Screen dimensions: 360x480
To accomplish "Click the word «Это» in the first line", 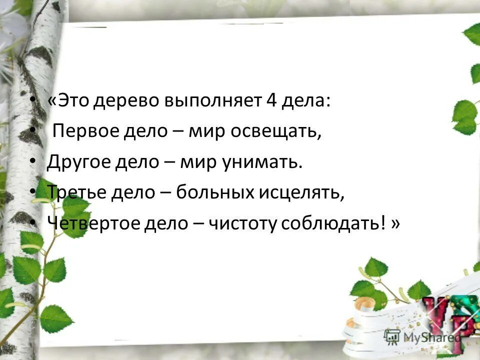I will coord(67,100).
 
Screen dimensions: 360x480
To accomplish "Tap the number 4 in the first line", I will coord(271,100).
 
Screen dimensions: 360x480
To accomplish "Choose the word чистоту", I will coord(241,224).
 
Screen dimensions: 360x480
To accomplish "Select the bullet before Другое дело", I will coord(32,162).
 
